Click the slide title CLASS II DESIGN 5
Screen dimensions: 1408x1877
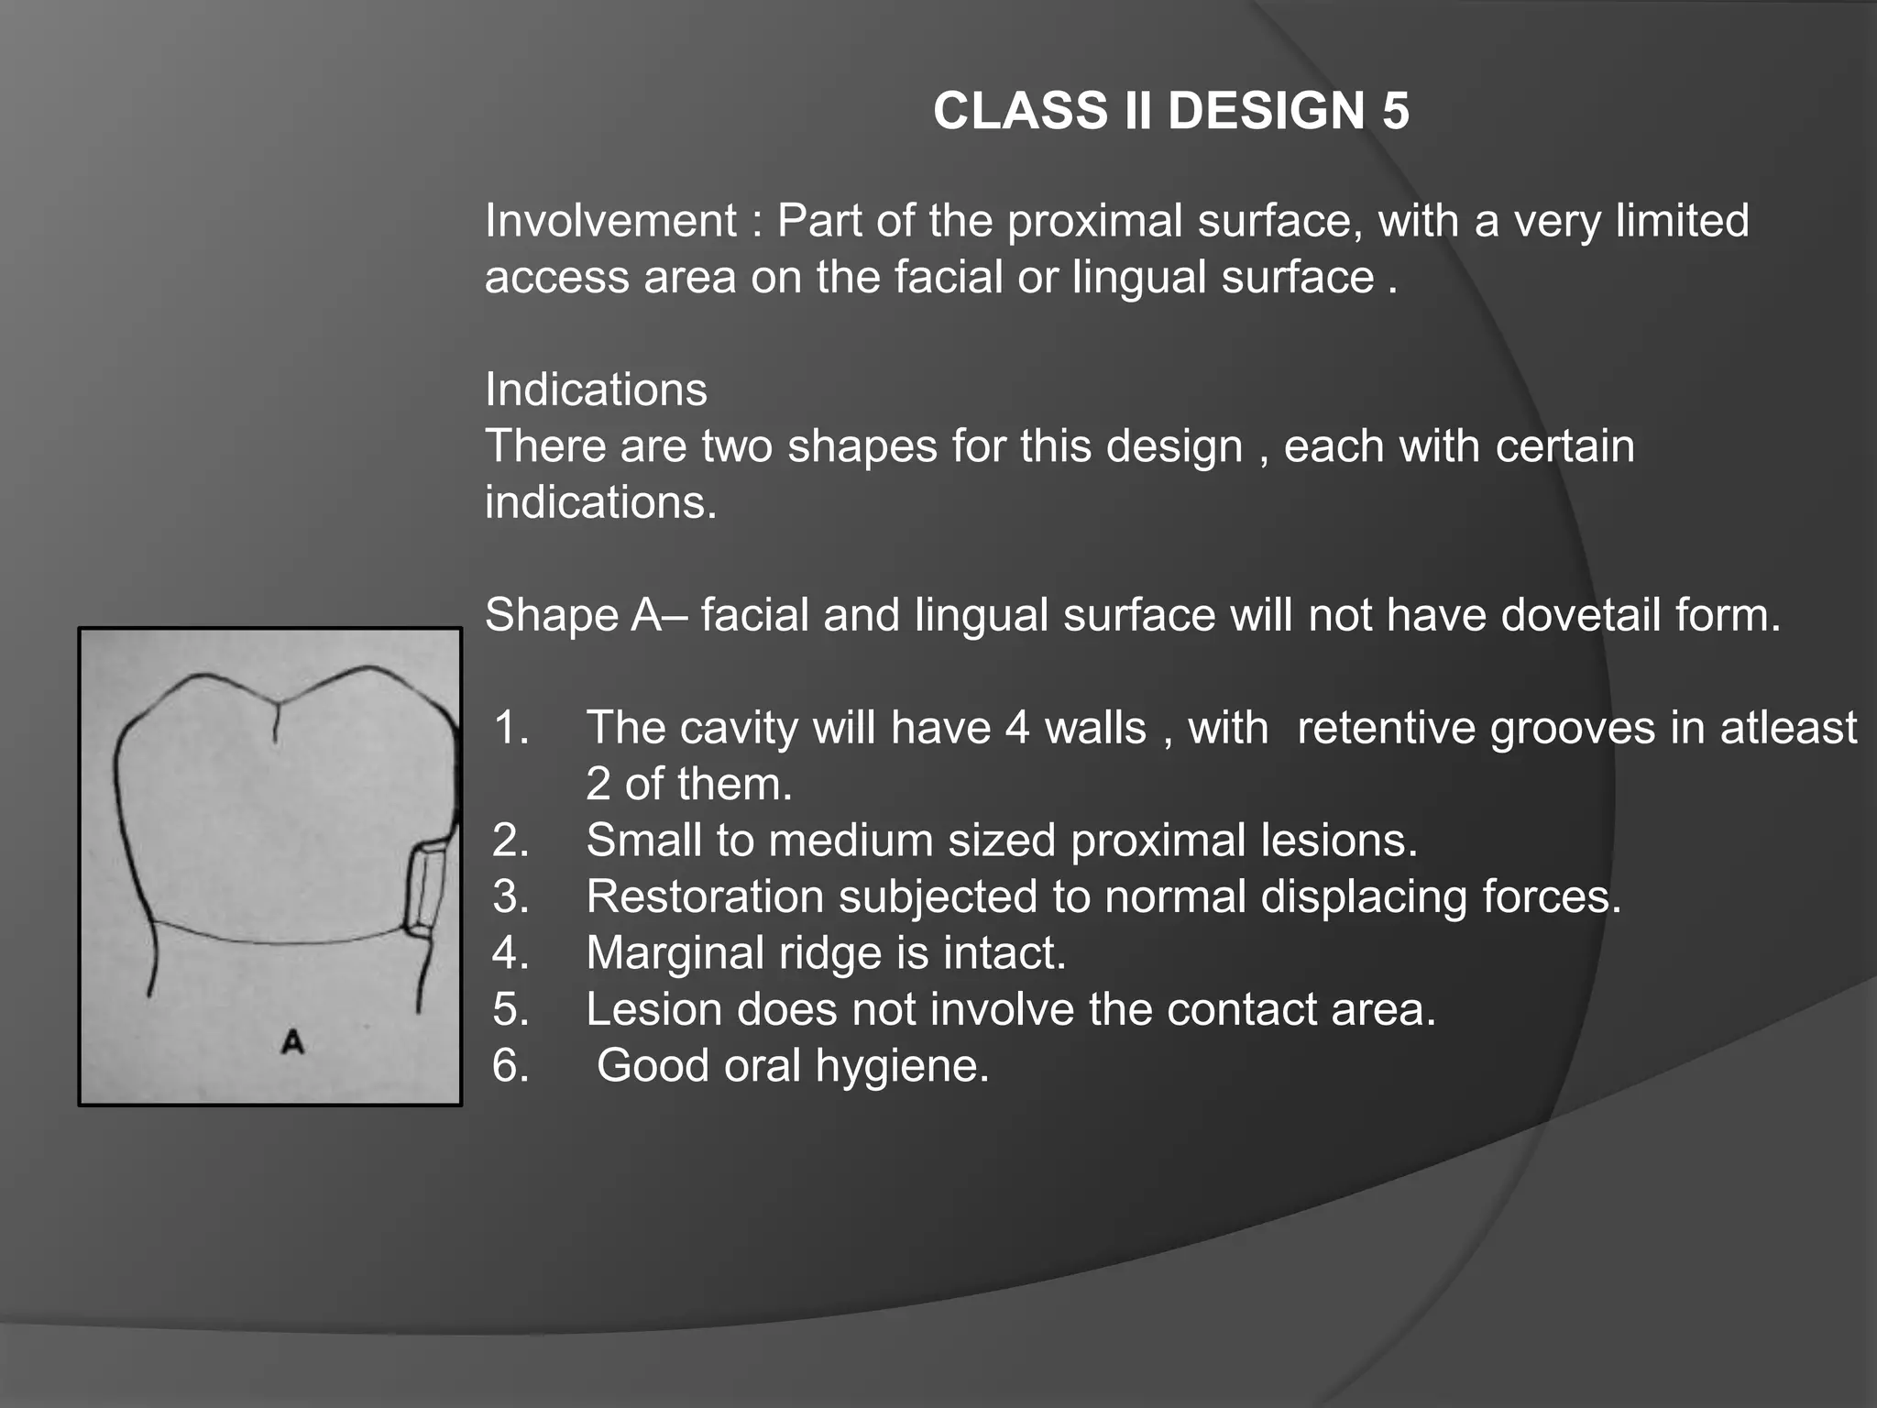[x=1170, y=111]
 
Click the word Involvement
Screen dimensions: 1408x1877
[x=610, y=221]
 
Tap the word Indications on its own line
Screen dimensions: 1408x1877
[x=596, y=390]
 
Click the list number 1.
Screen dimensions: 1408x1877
[x=511, y=728]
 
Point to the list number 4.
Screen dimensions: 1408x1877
[x=511, y=953]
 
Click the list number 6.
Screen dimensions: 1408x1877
[x=511, y=1066]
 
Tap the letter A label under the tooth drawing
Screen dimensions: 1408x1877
[x=292, y=1042]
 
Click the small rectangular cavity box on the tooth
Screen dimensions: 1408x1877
[x=426, y=890]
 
